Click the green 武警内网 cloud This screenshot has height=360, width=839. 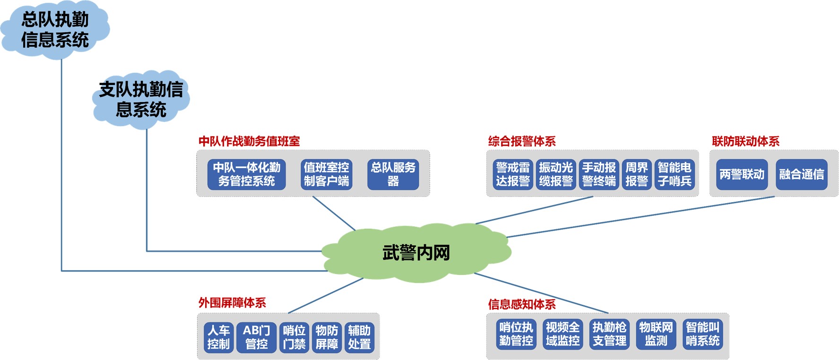[x=415, y=253]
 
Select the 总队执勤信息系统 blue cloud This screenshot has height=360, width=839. [x=55, y=30]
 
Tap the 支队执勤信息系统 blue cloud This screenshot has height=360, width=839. [x=141, y=99]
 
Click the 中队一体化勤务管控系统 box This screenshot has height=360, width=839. [x=246, y=174]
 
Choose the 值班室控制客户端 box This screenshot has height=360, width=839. [x=326, y=174]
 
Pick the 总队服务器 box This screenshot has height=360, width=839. [x=393, y=174]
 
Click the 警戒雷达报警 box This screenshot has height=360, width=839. [x=513, y=174]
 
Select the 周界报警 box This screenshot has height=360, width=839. [x=637, y=174]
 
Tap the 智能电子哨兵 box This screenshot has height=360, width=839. [x=675, y=174]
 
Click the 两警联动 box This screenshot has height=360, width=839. [x=742, y=174]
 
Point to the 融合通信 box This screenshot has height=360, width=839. [x=801, y=174]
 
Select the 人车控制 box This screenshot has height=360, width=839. [x=218, y=337]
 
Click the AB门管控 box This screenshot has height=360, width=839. [x=256, y=337]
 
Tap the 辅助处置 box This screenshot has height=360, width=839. [x=359, y=337]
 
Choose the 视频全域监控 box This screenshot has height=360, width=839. [x=562, y=334]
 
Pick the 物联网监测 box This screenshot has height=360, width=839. [x=656, y=334]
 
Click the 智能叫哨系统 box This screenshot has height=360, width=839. [x=702, y=334]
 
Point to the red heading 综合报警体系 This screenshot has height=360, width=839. [x=522, y=141]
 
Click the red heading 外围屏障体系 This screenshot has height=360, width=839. [x=232, y=303]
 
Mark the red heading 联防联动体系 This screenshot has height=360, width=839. [x=745, y=141]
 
